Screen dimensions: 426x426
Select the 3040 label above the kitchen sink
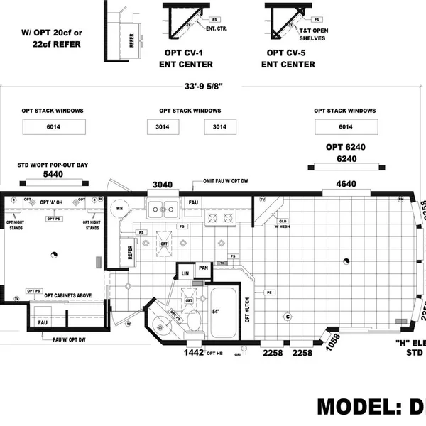tap(163, 185)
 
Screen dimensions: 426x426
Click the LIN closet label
tap(185, 273)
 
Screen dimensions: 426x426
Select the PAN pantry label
tap(203, 268)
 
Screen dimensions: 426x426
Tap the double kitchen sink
tap(163, 208)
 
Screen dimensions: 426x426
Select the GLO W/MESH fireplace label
tap(283, 224)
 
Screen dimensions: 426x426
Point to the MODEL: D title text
tap(369, 406)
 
